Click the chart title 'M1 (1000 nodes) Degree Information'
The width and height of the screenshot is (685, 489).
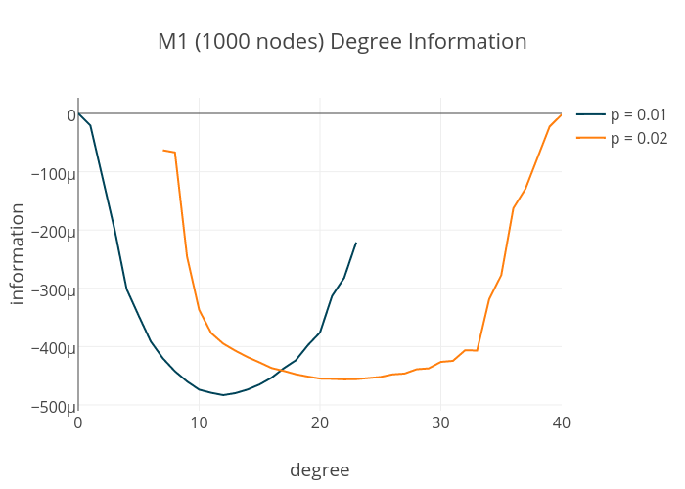pyautogui.click(x=342, y=42)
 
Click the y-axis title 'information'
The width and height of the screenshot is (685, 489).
pyautogui.click(x=17, y=253)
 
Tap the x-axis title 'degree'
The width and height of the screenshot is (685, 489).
pyautogui.click(x=319, y=470)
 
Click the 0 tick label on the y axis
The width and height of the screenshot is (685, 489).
pyautogui.click(x=70, y=115)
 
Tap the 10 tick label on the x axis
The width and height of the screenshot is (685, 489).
pyautogui.click(x=199, y=422)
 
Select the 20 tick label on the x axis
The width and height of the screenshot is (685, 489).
pyautogui.click(x=320, y=422)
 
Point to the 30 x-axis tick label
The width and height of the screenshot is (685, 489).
pyautogui.click(x=440, y=422)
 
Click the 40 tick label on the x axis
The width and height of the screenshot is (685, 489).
pyautogui.click(x=561, y=422)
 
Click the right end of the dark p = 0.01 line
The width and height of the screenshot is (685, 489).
pyautogui.click(x=356, y=243)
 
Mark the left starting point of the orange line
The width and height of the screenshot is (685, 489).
pyautogui.click(x=162, y=150)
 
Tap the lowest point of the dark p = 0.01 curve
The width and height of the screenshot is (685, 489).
pyautogui.click(x=223, y=395)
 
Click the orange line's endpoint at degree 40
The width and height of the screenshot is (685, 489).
pyautogui.click(x=561, y=114)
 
